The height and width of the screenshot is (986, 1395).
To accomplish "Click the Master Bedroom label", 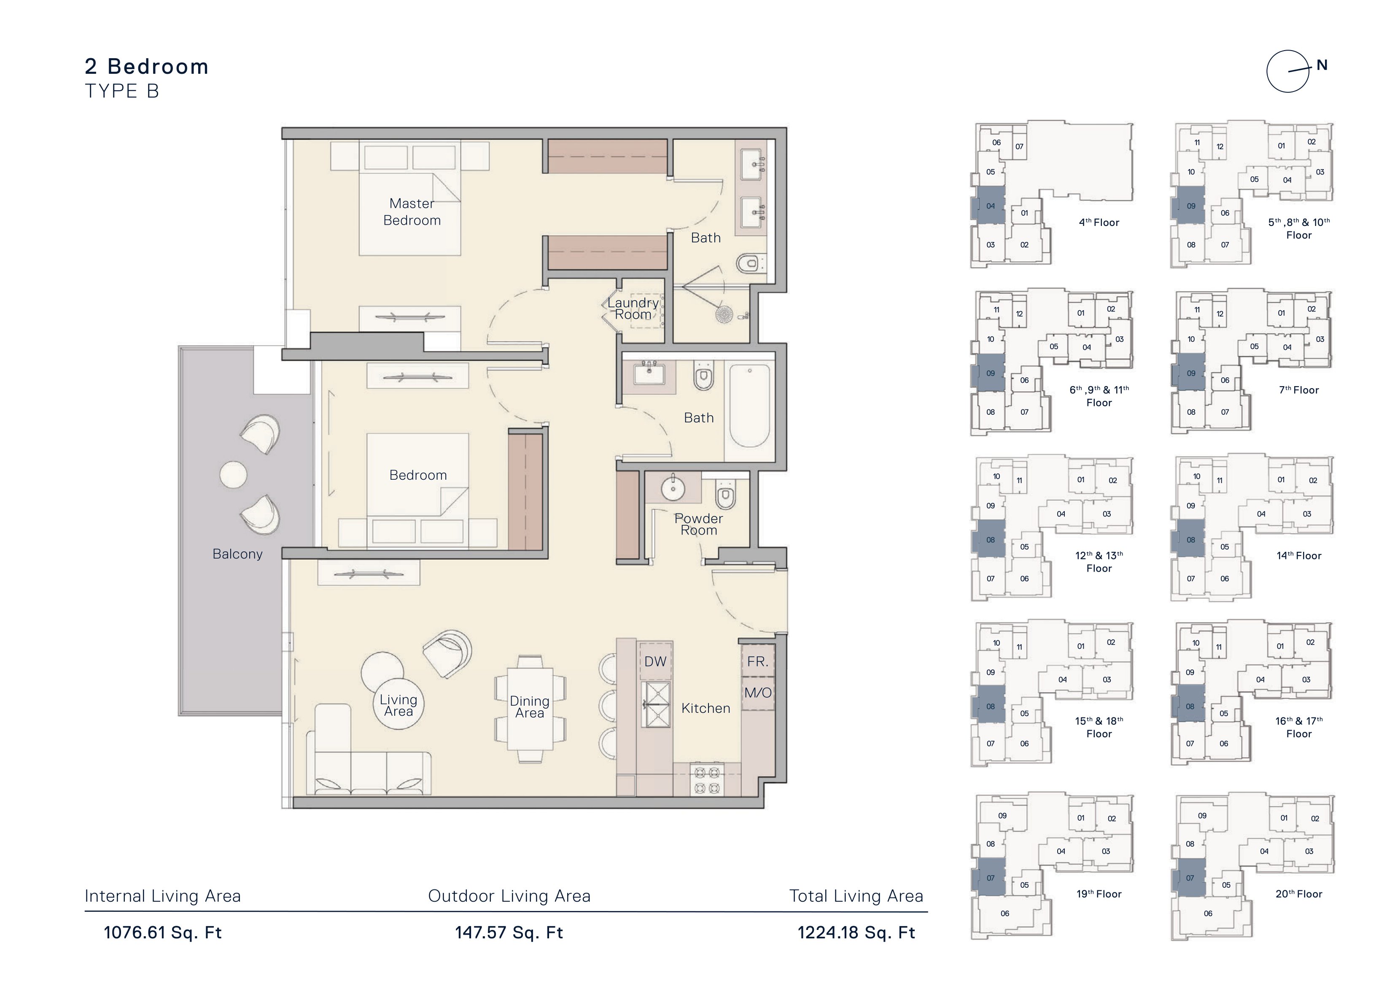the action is [412, 212].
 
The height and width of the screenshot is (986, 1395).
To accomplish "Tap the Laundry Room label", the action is [633, 309].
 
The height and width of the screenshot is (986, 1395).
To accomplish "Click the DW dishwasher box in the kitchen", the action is [656, 661].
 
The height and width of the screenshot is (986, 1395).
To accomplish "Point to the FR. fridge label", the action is [758, 661].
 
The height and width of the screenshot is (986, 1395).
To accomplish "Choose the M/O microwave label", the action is [758, 693].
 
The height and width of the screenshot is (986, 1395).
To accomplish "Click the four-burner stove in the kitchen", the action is [707, 780].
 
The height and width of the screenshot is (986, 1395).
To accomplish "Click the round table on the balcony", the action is [233, 475].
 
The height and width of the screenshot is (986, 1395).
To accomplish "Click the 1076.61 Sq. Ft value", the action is [163, 932].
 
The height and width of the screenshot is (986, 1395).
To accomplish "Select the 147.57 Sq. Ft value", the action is [509, 932].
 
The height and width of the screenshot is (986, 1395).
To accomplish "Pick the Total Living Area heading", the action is [856, 896].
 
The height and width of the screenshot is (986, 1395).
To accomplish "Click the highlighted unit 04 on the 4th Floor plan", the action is [990, 206].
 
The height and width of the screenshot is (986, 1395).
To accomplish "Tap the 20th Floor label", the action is [1299, 894].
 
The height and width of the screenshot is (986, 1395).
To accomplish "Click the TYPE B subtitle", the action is [122, 91].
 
